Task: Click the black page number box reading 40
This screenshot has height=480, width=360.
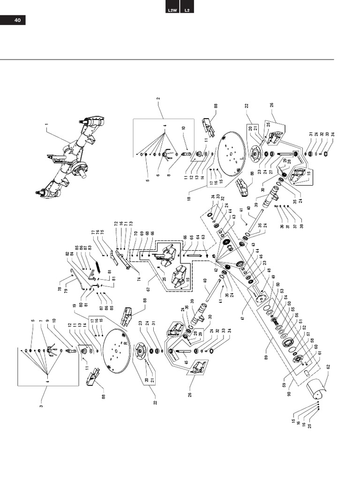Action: point(13,20)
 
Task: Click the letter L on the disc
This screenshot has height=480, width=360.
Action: point(241,160)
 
